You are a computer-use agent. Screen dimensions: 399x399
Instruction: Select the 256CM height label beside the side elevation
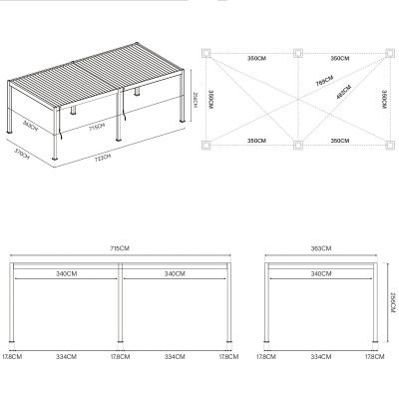click(x=392, y=304)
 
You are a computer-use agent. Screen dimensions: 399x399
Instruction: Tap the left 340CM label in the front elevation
click(x=66, y=272)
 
